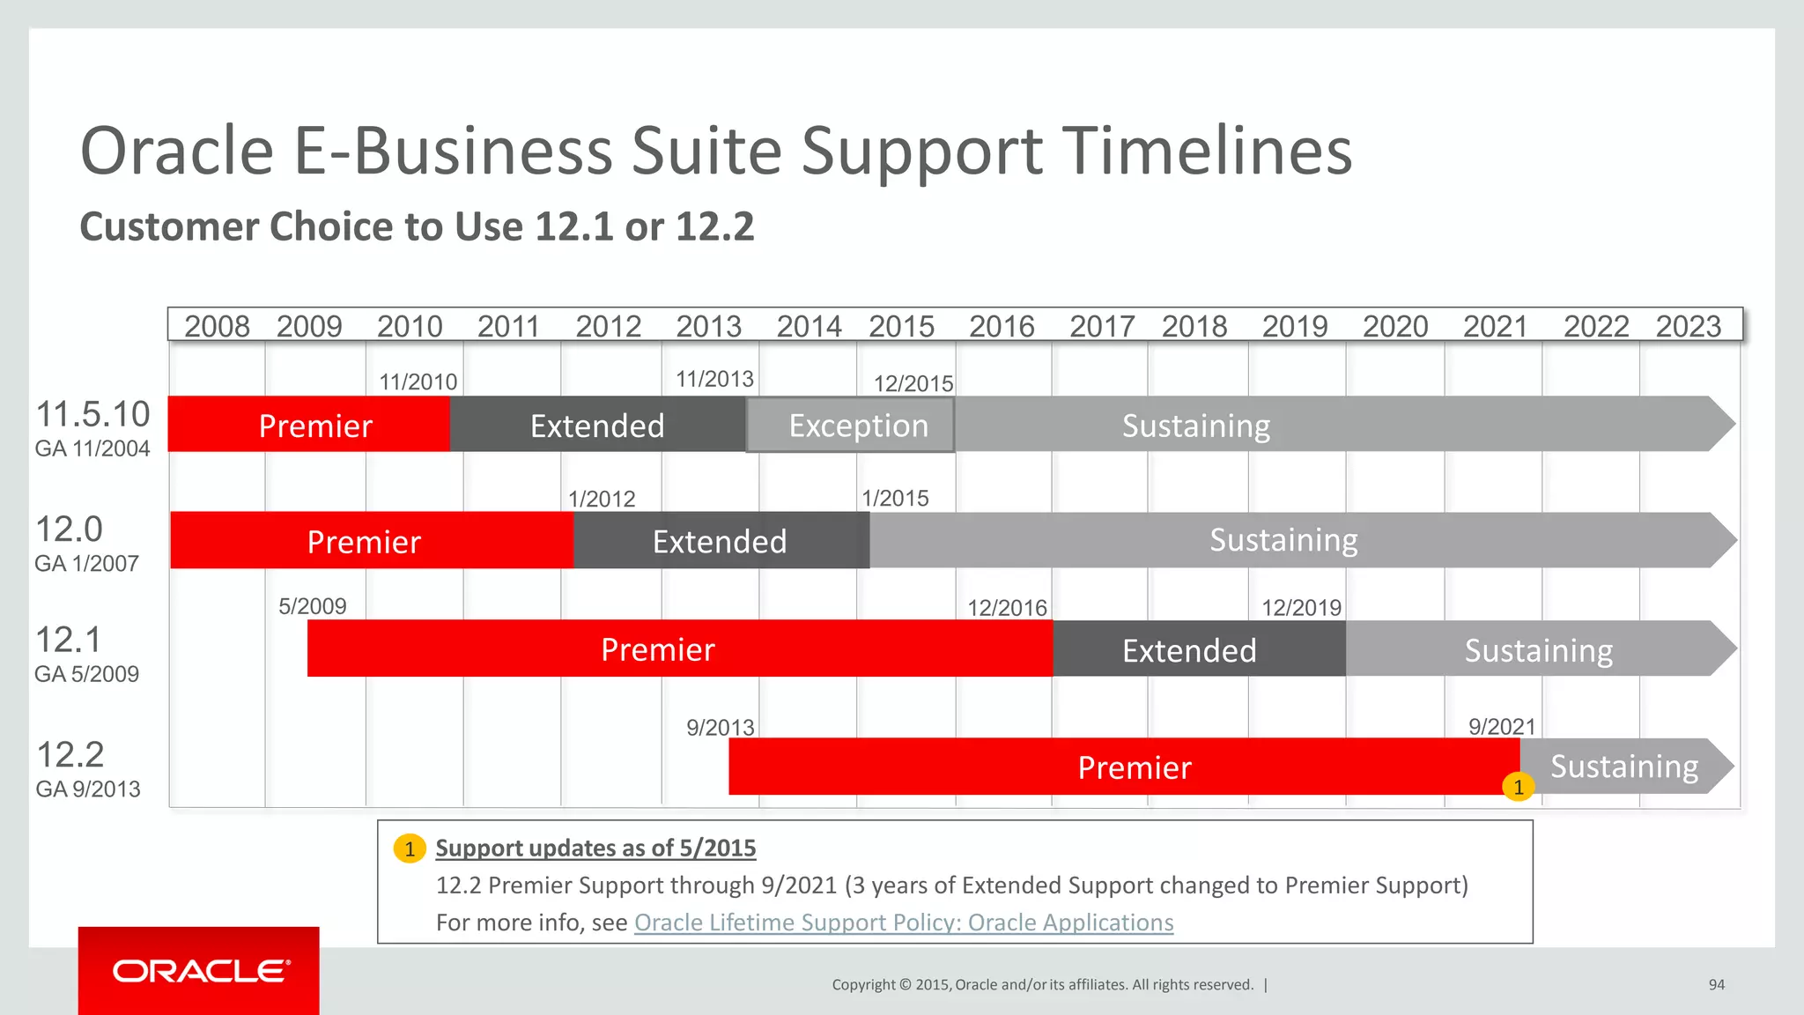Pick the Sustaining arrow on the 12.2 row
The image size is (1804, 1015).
click(1624, 767)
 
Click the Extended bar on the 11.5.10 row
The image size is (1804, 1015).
click(597, 426)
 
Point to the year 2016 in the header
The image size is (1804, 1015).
click(1002, 326)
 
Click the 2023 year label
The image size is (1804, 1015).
click(1688, 326)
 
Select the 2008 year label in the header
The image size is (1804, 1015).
click(217, 326)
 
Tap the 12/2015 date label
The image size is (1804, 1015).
click(913, 383)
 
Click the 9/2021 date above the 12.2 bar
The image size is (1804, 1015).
click(1502, 727)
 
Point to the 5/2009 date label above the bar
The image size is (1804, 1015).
click(312, 606)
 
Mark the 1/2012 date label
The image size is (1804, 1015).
click(602, 499)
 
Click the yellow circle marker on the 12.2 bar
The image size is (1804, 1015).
click(1518, 787)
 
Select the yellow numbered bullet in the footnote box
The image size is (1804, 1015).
click(410, 848)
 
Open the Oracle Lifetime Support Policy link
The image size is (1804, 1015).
click(904, 922)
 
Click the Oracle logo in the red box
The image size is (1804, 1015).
click(201, 971)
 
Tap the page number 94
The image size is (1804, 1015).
click(1716, 985)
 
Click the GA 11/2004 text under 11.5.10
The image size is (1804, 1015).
click(92, 448)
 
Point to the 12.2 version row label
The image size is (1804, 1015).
click(70, 755)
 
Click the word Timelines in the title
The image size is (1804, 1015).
click(1207, 152)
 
